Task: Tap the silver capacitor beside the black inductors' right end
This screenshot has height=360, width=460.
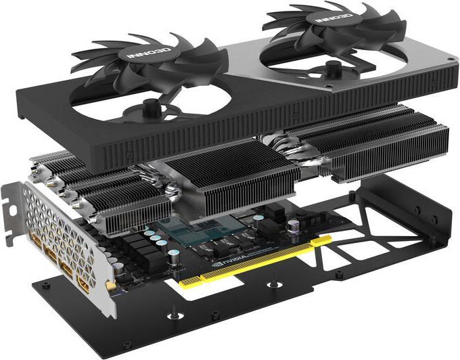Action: coord(175,258)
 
